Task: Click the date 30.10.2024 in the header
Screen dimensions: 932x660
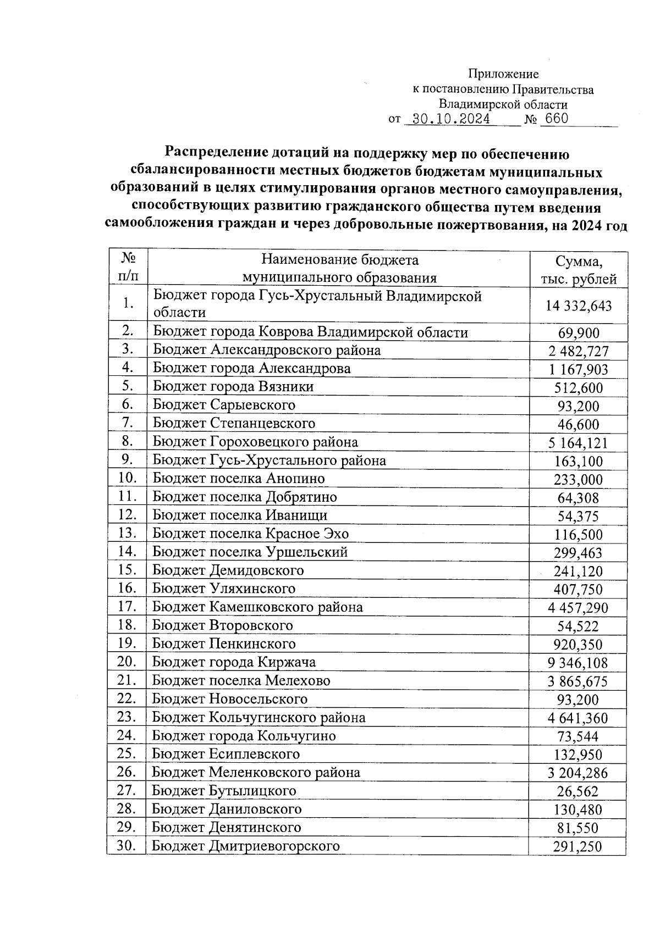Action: (451, 119)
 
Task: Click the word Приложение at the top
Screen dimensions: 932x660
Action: (503, 74)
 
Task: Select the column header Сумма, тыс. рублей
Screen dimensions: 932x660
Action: (578, 269)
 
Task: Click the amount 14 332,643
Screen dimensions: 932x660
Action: (578, 306)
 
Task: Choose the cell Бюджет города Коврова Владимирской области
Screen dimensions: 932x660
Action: (310, 332)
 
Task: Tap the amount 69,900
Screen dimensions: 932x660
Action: (578, 333)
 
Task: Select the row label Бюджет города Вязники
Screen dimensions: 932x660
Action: (233, 386)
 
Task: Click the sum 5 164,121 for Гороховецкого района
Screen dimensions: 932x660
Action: (578, 443)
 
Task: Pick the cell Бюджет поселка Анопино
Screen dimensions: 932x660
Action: (239, 478)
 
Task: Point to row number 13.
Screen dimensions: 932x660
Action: (127, 532)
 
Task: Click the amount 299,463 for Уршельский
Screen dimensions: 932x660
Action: (578, 553)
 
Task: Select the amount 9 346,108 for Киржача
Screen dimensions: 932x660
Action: (578, 663)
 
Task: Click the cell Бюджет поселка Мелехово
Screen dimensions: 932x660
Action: (241, 680)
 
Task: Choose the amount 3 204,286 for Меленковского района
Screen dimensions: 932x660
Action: (578, 773)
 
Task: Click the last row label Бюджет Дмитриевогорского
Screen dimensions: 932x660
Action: (246, 846)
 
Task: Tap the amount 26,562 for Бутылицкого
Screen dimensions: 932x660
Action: (578, 791)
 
